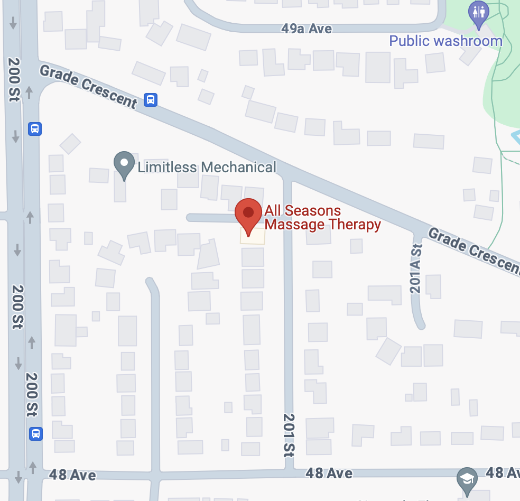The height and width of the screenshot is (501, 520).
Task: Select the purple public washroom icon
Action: pos(479,13)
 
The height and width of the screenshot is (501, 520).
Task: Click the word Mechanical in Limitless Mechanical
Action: pos(239,168)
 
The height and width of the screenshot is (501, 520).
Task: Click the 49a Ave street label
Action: pos(307,28)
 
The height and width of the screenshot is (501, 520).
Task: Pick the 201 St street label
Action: pos(289,434)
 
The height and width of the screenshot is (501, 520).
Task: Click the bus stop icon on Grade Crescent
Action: pos(151,99)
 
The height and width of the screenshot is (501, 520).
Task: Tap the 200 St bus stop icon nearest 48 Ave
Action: pos(35,434)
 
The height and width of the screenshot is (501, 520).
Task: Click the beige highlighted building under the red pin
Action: pos(253,236)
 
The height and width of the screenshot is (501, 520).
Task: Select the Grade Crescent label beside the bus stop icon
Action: pos(89,86)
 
